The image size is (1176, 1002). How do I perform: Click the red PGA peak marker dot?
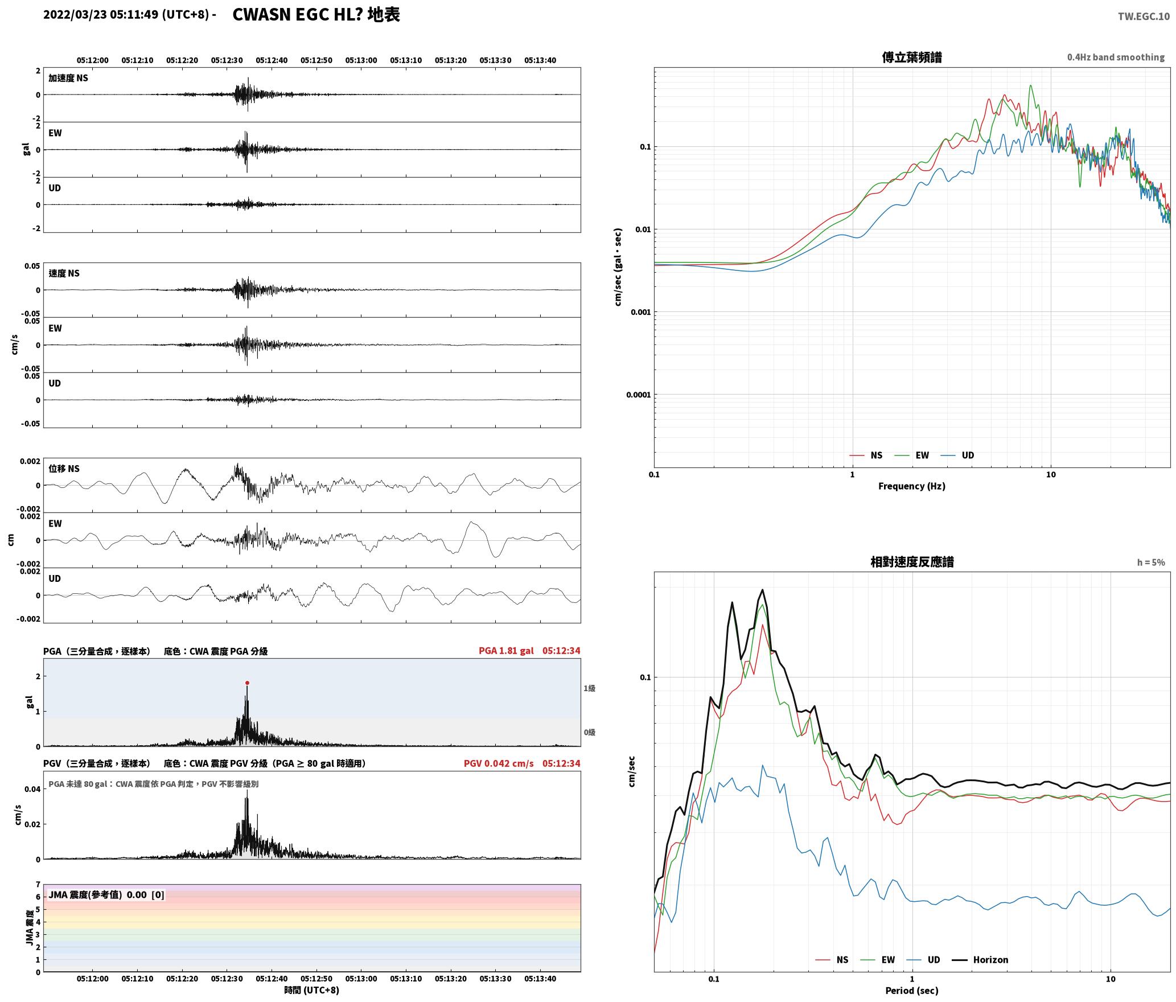[x=247, y=683]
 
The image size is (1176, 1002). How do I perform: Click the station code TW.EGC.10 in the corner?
[x=1144, y=16]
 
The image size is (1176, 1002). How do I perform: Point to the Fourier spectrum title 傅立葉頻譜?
[x=911, y=57]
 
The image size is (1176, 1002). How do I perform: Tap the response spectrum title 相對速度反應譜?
[x=912, y=562]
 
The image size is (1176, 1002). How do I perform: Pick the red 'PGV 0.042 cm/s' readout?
[x=499, y=763]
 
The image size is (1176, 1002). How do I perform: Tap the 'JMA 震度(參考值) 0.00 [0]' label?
[x=106, y=894]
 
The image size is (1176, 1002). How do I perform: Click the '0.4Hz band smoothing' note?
[x=1116, y=57]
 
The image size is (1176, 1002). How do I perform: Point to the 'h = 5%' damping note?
[x=1151, y=562]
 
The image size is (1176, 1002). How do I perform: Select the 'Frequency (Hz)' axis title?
[x=911, y=486]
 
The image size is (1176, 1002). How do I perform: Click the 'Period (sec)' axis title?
[x=911, y=990]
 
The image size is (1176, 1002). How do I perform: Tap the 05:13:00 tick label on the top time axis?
[x=361, y=60]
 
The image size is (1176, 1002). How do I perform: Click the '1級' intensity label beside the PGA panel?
[x=589, y=688]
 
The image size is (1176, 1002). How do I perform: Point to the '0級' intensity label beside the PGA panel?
[x=589, y=732]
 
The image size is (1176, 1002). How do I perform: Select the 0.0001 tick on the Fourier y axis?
[x=638, y=395]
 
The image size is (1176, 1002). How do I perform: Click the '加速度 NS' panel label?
[x=68, y=78]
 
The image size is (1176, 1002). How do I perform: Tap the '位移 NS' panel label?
[x=64, y=469]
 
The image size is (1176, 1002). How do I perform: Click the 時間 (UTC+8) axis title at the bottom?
[x=312, y=990]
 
